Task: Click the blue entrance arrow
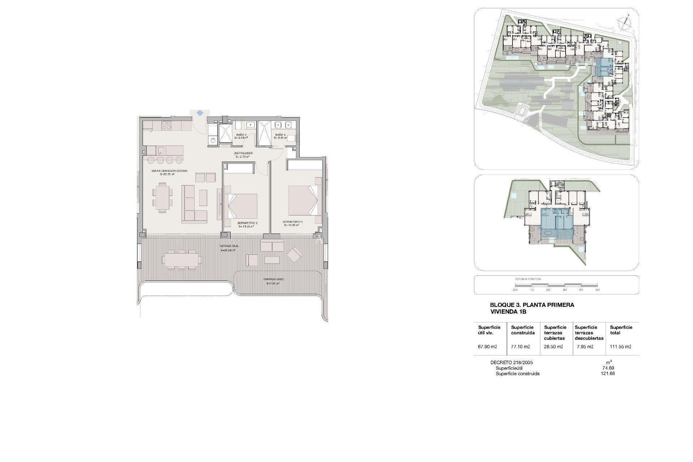(200, 113)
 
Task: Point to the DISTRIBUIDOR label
(244, 153)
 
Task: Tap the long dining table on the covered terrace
(182, 259)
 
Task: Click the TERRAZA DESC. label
(273, 279)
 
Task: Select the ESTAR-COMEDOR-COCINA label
(169, 171)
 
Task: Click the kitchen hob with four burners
(166, 126)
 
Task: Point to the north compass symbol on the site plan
(624, 23)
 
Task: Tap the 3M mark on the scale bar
(565, 290)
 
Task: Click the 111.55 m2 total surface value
(620, 346)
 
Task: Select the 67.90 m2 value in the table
(488, 346)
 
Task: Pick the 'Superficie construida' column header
(523, 330)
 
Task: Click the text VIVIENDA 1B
(508, 311)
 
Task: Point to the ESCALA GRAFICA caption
(523, 279)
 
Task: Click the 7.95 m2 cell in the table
(585, 346)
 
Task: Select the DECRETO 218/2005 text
(511, 362)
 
